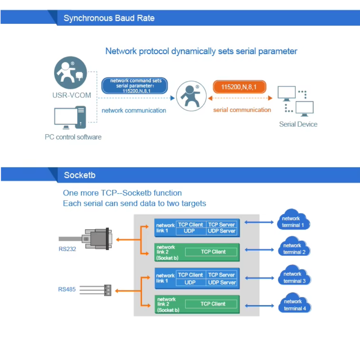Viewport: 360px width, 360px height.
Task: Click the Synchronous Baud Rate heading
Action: coord(109,18)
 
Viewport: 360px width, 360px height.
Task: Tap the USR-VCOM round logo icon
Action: coord(71,73)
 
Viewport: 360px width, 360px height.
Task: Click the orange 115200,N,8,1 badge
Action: coord(239,87)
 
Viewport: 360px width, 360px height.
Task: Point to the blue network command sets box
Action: coord(136,86)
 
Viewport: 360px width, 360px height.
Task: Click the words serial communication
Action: coord(242,110)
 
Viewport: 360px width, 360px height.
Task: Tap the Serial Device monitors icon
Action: coord(297,102)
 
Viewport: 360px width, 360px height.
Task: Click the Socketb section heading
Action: coord(80,175)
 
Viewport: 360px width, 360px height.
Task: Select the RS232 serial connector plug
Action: coord(98,238)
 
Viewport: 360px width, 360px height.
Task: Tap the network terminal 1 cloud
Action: coord(293,221)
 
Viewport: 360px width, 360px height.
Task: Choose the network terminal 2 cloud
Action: coord(294,248)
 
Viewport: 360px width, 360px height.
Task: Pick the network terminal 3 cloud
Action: coord(294,277)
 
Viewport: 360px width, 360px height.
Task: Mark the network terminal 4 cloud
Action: coord(294,304)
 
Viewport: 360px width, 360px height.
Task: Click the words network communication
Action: coord(134,111)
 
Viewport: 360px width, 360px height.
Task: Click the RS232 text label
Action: coord(67,249)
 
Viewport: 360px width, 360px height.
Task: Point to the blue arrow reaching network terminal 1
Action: coord(259,222)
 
